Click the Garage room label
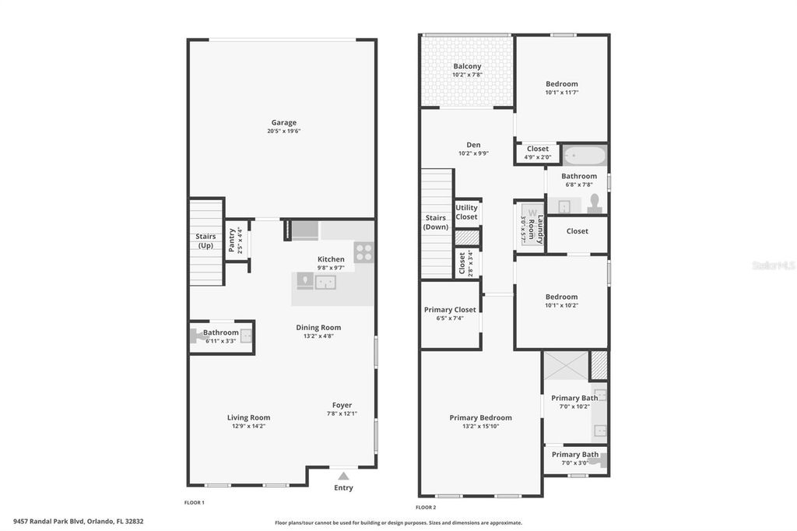click(x=283, y=122)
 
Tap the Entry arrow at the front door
click(x=343, y=476)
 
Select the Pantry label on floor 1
click(x=231, y=241)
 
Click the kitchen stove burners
click(x=363, y=251)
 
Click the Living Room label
click(x=248, y=417)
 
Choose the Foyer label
click(x=342, y=405)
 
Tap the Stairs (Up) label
click(x=205, y=241)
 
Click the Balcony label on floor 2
click(x=467, y=66)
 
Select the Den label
click(x=473, y=145)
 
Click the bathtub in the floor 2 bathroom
click(x=584, y=156)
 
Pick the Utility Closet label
click(x=467, y=212)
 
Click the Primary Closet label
click(x=450, y=310)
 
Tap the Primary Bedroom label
click(x=480, y=417)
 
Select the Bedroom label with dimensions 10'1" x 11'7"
click(x=561, y=84)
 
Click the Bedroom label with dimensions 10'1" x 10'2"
click(x=561, y=297)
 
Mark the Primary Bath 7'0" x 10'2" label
click(x=574, y=398)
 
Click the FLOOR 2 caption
click(x=426, y=507)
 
